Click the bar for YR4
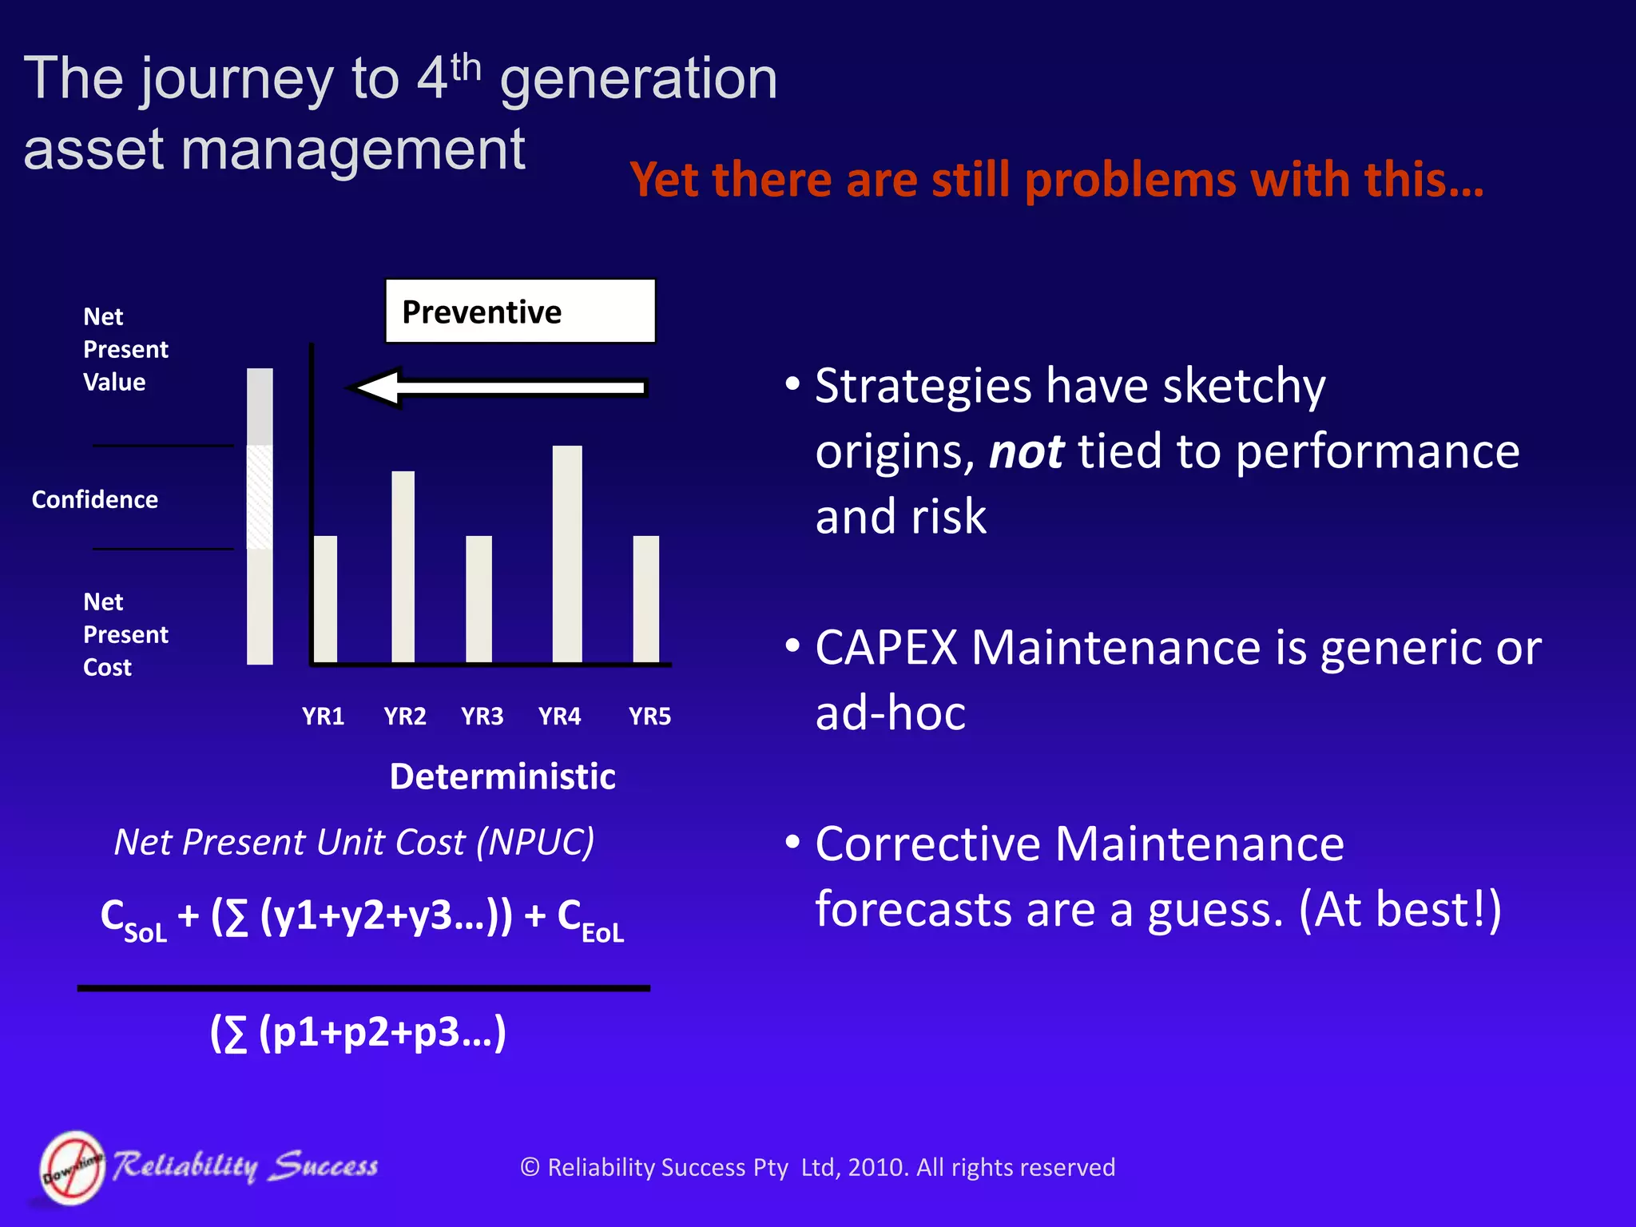[567, 554]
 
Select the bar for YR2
[403, 566]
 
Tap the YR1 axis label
[323, 717]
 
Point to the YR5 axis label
[649, 717]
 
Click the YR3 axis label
[482, 717]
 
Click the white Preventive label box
[520, 312]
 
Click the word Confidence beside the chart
[95, 500]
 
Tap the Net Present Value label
[125, 349]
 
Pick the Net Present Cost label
[125, 634]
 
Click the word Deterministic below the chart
[502, 776]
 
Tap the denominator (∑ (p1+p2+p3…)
[357, 1032]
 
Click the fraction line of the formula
[363, 988]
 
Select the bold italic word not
[1026, 452]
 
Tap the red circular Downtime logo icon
[72, 1167]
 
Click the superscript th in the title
[466, 68]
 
